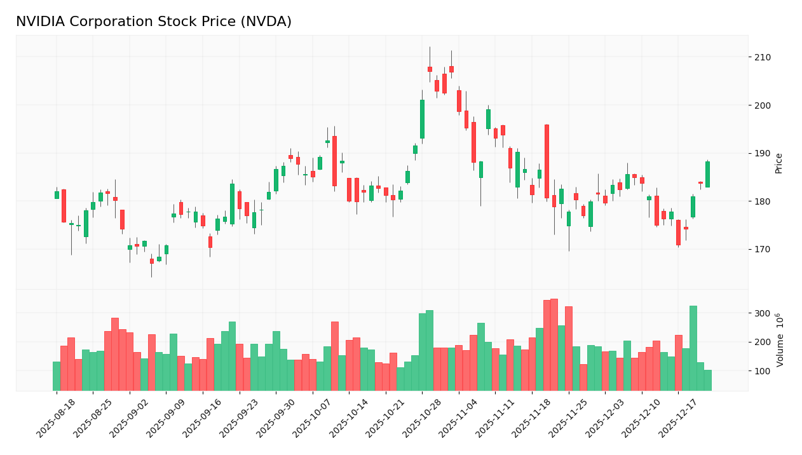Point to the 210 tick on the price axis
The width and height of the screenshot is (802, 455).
[763, 57]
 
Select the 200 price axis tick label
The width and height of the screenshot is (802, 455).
[763, 105]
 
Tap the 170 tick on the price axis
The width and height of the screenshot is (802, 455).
[763, 250]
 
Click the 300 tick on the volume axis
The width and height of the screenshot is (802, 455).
[763, 313]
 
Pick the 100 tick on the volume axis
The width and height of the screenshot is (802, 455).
[763, 371]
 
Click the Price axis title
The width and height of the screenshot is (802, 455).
[778, 163]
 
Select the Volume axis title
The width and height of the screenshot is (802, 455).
[779, 339]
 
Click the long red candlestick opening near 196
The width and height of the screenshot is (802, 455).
[547, 161]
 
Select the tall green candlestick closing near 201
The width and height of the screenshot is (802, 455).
[422, 119]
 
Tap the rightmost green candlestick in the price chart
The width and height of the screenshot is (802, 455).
[707, 174]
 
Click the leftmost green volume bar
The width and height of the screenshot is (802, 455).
[57, 376]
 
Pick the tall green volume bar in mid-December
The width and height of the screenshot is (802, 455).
[693, 348]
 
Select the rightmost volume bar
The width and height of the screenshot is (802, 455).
[708, 380]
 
